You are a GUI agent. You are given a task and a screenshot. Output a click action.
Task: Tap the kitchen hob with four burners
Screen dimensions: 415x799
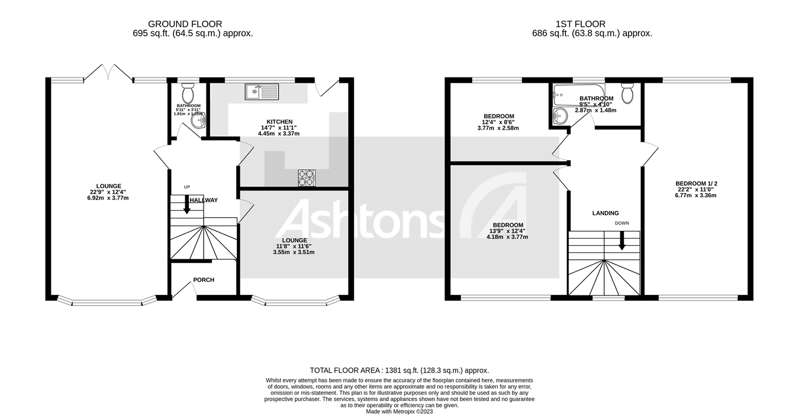point(306,178)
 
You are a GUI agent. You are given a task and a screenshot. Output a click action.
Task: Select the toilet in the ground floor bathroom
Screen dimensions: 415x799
point(188,93)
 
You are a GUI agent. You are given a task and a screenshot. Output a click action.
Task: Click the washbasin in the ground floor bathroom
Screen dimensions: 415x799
point(200,121)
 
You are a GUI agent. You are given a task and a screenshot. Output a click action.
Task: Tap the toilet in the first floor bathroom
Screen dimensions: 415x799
point(627,93)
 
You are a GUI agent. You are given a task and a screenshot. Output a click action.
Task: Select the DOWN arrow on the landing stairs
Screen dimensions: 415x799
point(621,240)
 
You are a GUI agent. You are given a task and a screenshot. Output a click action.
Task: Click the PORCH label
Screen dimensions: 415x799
point(204,280)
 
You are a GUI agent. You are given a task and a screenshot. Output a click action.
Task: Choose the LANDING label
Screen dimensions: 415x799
point(605,213)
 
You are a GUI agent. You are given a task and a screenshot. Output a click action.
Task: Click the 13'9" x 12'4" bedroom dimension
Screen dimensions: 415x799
point(507,231)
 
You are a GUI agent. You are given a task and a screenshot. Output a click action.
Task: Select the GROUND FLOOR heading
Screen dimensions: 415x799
point(185,24)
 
